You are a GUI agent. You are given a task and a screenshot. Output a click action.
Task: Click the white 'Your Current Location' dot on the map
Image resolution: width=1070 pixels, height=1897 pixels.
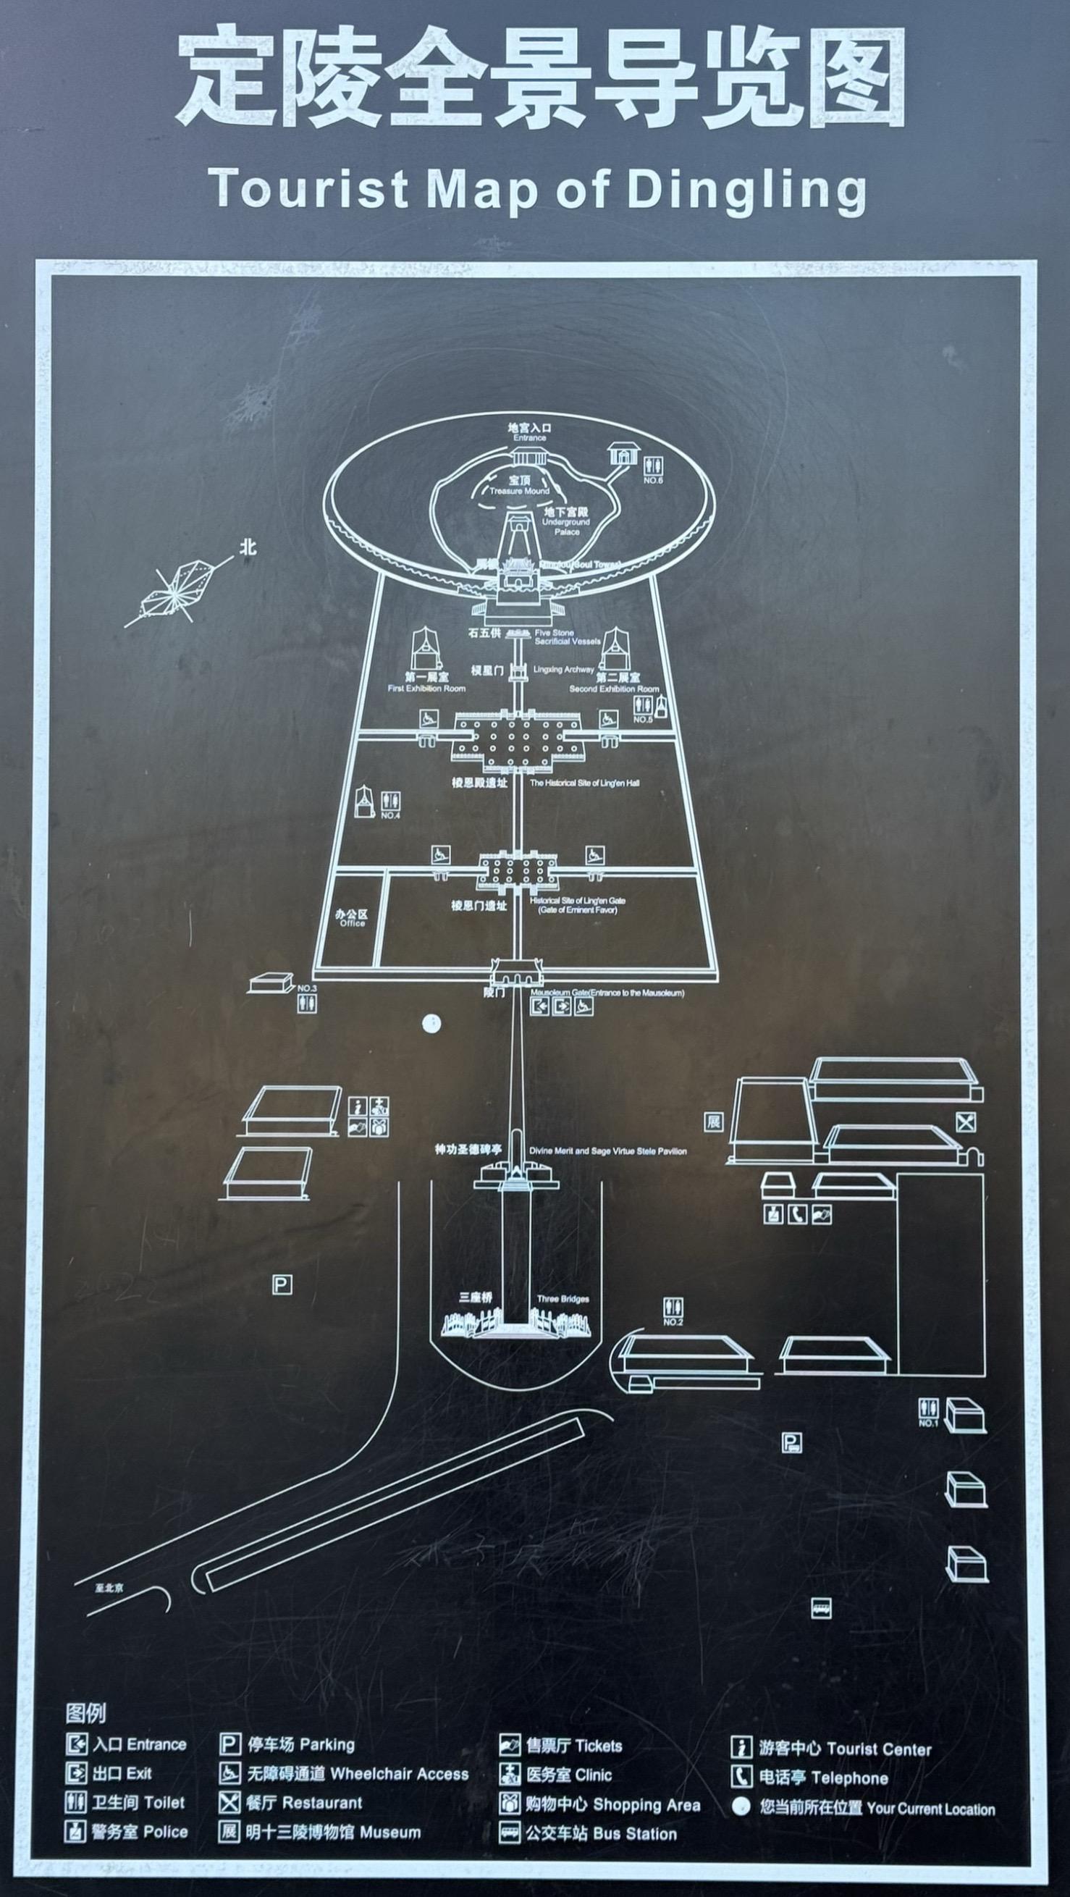[431, 1023]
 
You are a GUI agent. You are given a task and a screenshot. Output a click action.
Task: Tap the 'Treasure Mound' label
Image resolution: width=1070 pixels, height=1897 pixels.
[520, 485]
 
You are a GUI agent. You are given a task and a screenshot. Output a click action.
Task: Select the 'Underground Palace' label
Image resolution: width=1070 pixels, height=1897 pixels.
[567, 521]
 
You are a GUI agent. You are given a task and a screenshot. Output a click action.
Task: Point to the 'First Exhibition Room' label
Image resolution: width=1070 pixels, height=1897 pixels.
[426, 683]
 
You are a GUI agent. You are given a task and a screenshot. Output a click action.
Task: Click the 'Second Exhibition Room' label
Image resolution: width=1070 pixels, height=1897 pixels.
[615, 683]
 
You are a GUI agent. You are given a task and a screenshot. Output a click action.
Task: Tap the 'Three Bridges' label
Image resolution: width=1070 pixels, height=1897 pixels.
[563, 1299]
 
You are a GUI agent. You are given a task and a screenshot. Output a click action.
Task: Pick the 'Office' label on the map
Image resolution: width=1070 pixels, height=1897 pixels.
[352, 917]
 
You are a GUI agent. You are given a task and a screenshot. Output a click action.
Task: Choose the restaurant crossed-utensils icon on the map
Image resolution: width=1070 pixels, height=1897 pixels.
[966, 1122]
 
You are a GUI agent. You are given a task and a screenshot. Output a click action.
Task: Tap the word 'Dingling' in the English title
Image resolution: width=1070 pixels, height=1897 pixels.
[746, 190]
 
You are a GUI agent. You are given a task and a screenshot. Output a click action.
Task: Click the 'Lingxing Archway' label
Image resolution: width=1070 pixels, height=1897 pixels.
[563, 670]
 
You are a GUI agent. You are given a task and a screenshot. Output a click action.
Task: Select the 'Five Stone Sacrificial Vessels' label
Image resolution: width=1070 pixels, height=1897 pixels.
[567, 637]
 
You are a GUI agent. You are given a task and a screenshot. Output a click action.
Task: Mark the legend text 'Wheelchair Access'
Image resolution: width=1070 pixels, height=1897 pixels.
[398, 1774]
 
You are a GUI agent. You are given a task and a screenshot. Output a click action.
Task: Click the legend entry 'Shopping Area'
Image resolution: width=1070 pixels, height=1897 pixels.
[646, 1804]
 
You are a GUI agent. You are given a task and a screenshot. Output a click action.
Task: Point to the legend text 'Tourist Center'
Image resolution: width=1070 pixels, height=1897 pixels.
[879, 1749]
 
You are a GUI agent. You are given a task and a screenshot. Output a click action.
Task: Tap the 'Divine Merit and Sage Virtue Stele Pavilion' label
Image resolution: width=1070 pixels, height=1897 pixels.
[607, 1151]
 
